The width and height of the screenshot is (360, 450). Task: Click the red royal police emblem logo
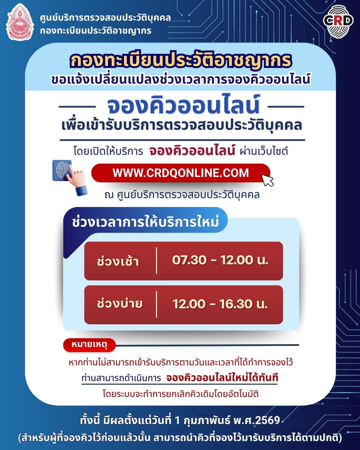19,22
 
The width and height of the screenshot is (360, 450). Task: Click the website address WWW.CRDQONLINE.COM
180,173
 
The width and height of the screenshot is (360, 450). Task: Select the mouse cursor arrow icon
267,180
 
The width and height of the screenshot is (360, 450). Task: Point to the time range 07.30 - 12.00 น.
220,260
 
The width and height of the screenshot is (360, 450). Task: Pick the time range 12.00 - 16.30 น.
220,304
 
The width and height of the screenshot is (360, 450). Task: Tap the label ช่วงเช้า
118,261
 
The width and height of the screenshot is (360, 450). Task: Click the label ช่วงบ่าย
120,304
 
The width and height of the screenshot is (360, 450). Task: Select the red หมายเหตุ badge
89,345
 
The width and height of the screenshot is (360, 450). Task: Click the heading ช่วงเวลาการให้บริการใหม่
145,222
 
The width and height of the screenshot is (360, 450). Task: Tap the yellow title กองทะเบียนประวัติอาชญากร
180,61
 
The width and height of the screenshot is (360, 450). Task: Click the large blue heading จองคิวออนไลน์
183,105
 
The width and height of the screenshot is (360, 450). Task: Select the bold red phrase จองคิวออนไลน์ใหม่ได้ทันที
222,378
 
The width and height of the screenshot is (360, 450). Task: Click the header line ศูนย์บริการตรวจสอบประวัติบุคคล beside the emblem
105,17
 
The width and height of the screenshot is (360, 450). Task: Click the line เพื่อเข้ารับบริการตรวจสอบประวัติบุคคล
182,125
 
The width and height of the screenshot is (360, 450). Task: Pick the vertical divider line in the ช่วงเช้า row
156,261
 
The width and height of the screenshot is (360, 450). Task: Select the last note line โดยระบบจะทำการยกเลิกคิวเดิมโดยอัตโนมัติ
180,394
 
